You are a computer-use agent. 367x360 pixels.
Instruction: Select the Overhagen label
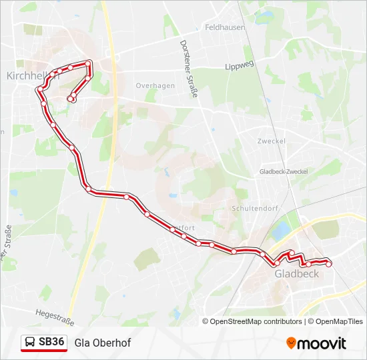click(x=155, y=86)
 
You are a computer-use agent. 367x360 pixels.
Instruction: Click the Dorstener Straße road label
click(x=189, y=69)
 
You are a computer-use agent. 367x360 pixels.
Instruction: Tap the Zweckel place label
click(x=272, y=141)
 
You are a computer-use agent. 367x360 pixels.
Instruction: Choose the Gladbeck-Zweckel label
click(x=284, y=171)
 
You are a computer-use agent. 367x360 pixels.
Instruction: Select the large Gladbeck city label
click(x=297, y=273)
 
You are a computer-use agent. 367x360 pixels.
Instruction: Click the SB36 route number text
click(x=52, y=342)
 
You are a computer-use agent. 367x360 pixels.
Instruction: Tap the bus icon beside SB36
click(x=31, y=343)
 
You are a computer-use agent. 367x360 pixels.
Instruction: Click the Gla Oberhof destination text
click(x=103, y=343)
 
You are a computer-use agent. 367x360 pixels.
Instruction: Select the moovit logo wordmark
click(x=322, y=343)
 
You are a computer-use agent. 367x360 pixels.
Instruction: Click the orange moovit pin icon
click(x=291, y=343)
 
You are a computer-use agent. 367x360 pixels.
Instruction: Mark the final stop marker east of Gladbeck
click(x=328, y=264)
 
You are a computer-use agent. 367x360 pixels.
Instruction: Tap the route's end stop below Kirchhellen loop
click(x=70, y=99)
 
